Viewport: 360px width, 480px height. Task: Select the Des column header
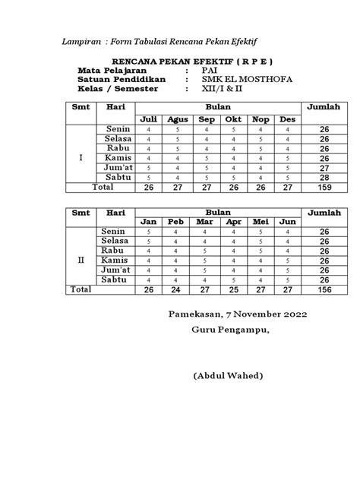click(287, 120)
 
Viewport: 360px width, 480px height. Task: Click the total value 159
click(324, 187)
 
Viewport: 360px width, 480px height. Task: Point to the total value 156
click(324, 289)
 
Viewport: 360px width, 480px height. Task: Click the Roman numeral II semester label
click(82, 260)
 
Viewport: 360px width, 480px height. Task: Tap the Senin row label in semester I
click(115, 130)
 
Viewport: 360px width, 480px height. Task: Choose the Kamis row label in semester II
click(114, 260)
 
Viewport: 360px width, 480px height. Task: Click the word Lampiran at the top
click(82, 41)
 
